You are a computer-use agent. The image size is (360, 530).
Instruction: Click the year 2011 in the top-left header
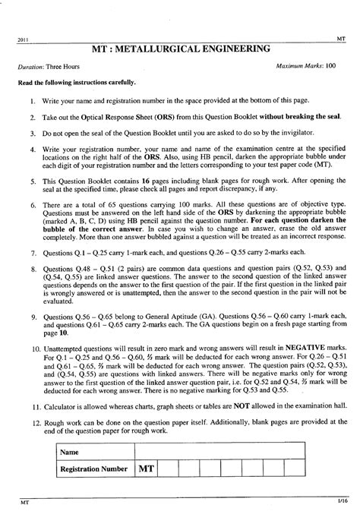pyautogui.click(x=23, y=39)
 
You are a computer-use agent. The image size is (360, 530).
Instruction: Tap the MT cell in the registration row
pyautogui.click(x=147, y=469)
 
